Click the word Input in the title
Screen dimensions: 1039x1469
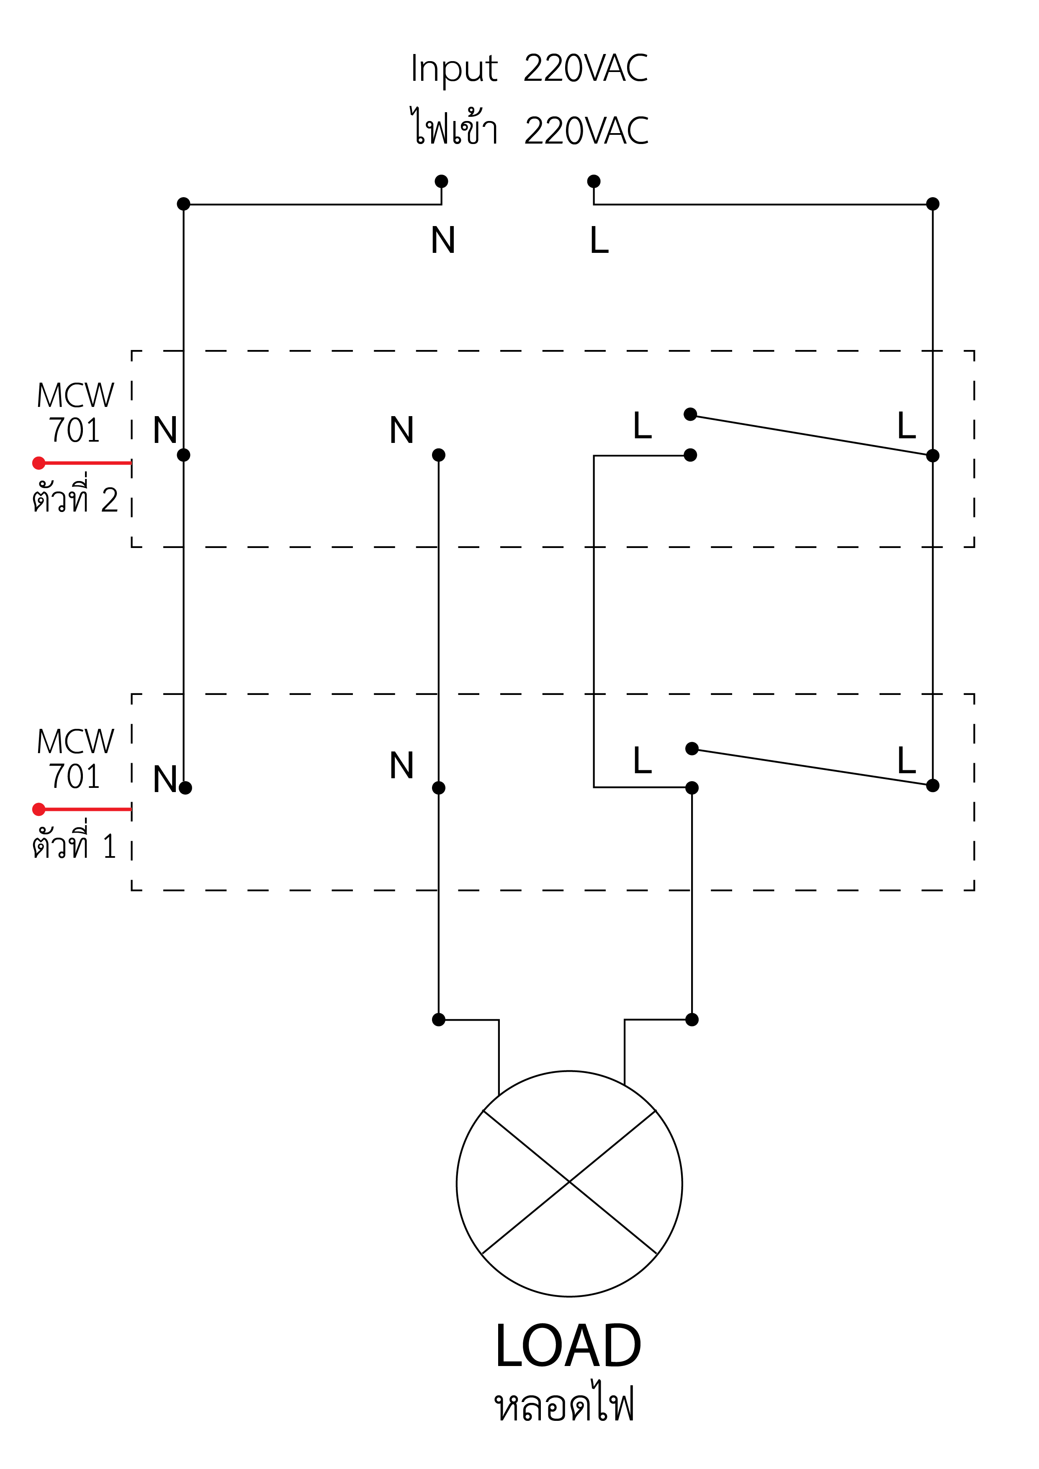454,69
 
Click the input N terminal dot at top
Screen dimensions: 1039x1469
442,182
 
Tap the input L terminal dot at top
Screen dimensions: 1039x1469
594,182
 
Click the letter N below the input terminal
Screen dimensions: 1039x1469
443,241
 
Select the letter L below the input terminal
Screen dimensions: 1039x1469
599,241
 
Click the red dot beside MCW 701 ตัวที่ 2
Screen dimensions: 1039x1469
39,463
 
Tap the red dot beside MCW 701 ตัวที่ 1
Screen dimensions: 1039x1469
39,809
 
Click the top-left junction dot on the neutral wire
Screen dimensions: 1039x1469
184,204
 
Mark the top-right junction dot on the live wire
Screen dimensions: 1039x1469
933,204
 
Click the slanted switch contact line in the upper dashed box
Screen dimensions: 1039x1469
811,435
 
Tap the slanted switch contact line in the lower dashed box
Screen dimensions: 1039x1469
813,767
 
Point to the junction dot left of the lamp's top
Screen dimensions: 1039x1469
439,1019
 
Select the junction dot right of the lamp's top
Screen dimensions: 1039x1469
692,1019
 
